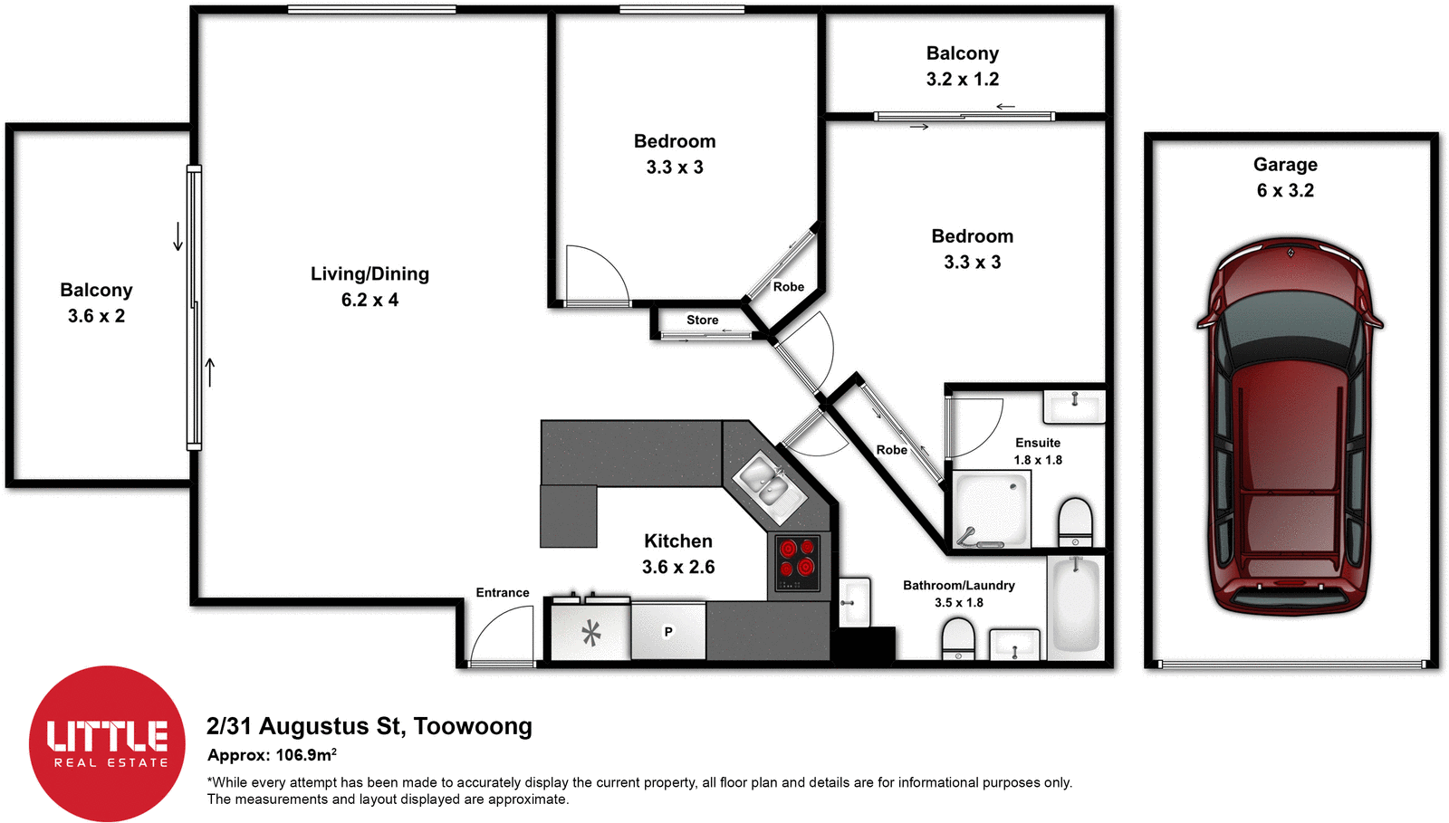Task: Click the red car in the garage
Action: click(x=1289, y=426)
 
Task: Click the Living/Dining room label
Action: click(x=369, y=273)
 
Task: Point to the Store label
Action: click(x=702, y=320)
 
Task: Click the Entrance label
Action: click(x=502, y=592)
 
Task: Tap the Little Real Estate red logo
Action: click(x=108, y=743)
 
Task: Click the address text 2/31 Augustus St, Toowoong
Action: click(x=369, y=726)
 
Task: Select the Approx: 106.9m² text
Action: click(x=272, y=755)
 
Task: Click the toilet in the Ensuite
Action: click(x=1076, y=522)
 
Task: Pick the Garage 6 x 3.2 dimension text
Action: click(x=1285, y=190)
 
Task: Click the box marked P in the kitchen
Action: click(x=668, y=631)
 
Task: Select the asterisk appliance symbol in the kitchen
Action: click(x=591, y=632)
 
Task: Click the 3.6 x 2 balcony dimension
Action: click(x=96, y=316)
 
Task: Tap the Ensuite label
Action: click(x=1037, y=443)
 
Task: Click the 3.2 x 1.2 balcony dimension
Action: click(x=962, y=79)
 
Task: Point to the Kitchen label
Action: click(x=677, y=541)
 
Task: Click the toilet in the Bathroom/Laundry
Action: click(x=958, y=638)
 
